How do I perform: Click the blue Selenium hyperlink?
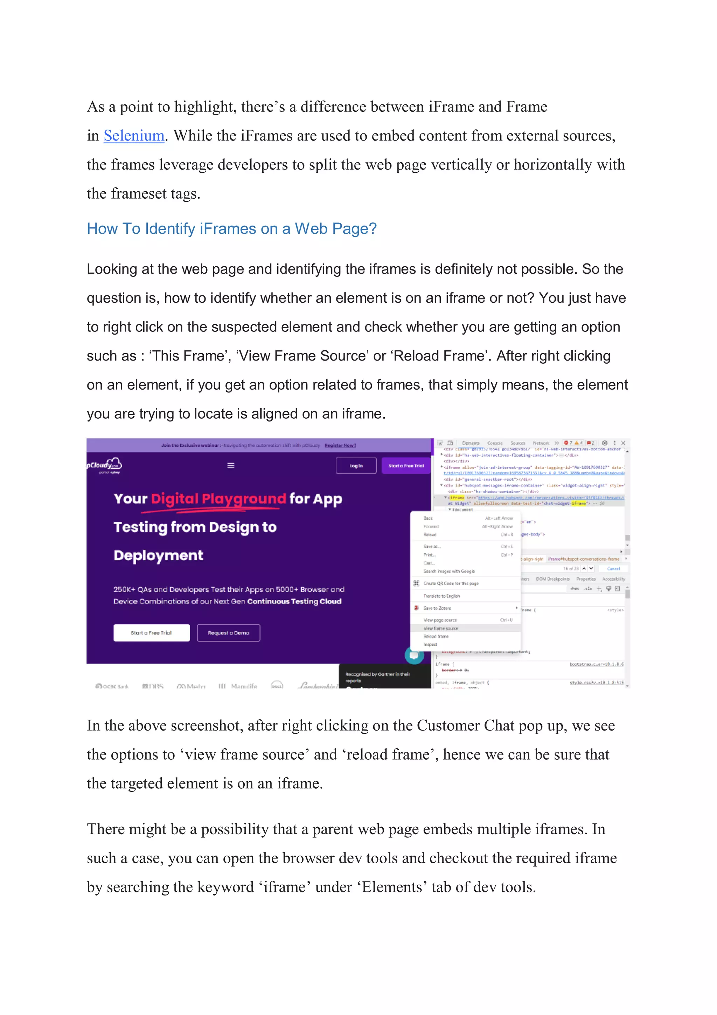pyautogui.click(x=134, y=136)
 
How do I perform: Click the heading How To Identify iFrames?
pyautogui.click(x=231, y=228)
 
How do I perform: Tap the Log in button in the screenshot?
pyautogui.click(x=356, y=466)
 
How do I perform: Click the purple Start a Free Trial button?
pyautogui.click(x=405, y=466)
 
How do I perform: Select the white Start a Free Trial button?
pyautogui.click(x=151, y=633)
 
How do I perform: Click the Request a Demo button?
pyautogui.click(x=228, y=633)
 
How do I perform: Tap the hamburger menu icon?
pyautogui.click(x=231, y=466)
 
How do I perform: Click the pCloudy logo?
pyautogui.click(x=105, y=465)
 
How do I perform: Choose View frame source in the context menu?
pyautogui.click(x=441, y=628)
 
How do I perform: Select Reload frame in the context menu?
pyautogui.click(x=436, y=637)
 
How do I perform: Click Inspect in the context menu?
pyautogui.click(x=430, y=645)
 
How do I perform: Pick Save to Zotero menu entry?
pyautogui.click(x=437, y=608)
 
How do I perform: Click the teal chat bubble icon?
pyautogui.click(x=414, y=655)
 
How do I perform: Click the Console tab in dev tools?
pyautogui.click(x=495, y=443)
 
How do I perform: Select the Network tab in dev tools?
pyautogui.click(x=541, y=443)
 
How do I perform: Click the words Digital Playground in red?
pyautogui.click(x=218, y=499)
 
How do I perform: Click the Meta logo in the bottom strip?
pyautogui.click(x=191, y=686)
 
